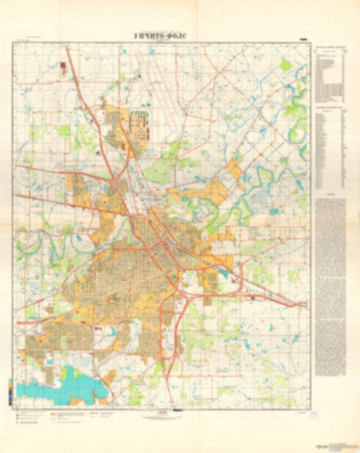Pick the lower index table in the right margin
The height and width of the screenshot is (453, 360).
(330, 149)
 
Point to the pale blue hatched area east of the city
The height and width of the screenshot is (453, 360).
(260, 200)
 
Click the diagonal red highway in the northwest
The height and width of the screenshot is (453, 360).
(84, 95)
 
